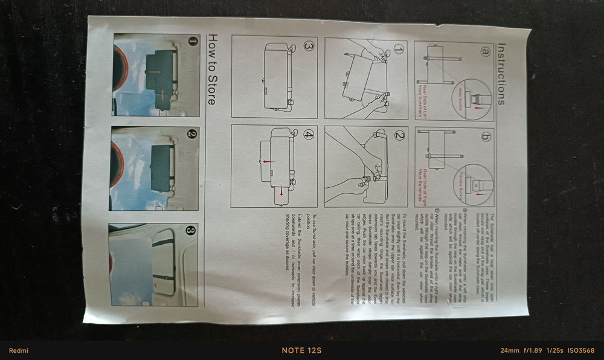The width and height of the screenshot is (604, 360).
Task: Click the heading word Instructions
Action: (501, 74)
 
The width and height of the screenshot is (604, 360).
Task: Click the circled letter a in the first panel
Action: (485, 51)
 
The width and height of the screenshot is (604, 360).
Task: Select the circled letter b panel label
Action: (485, 137)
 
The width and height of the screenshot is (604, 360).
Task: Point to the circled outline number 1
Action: (399, 49)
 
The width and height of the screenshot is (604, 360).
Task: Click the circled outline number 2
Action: (399, 135)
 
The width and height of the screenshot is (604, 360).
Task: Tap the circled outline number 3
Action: (308, 46)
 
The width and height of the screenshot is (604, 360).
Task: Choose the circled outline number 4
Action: (308, 134)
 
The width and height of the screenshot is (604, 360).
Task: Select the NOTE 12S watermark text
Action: (301, 350)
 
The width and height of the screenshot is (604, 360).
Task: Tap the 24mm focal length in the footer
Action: (510, 350)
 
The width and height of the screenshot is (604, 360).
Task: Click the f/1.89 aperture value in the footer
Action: (533, 350)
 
